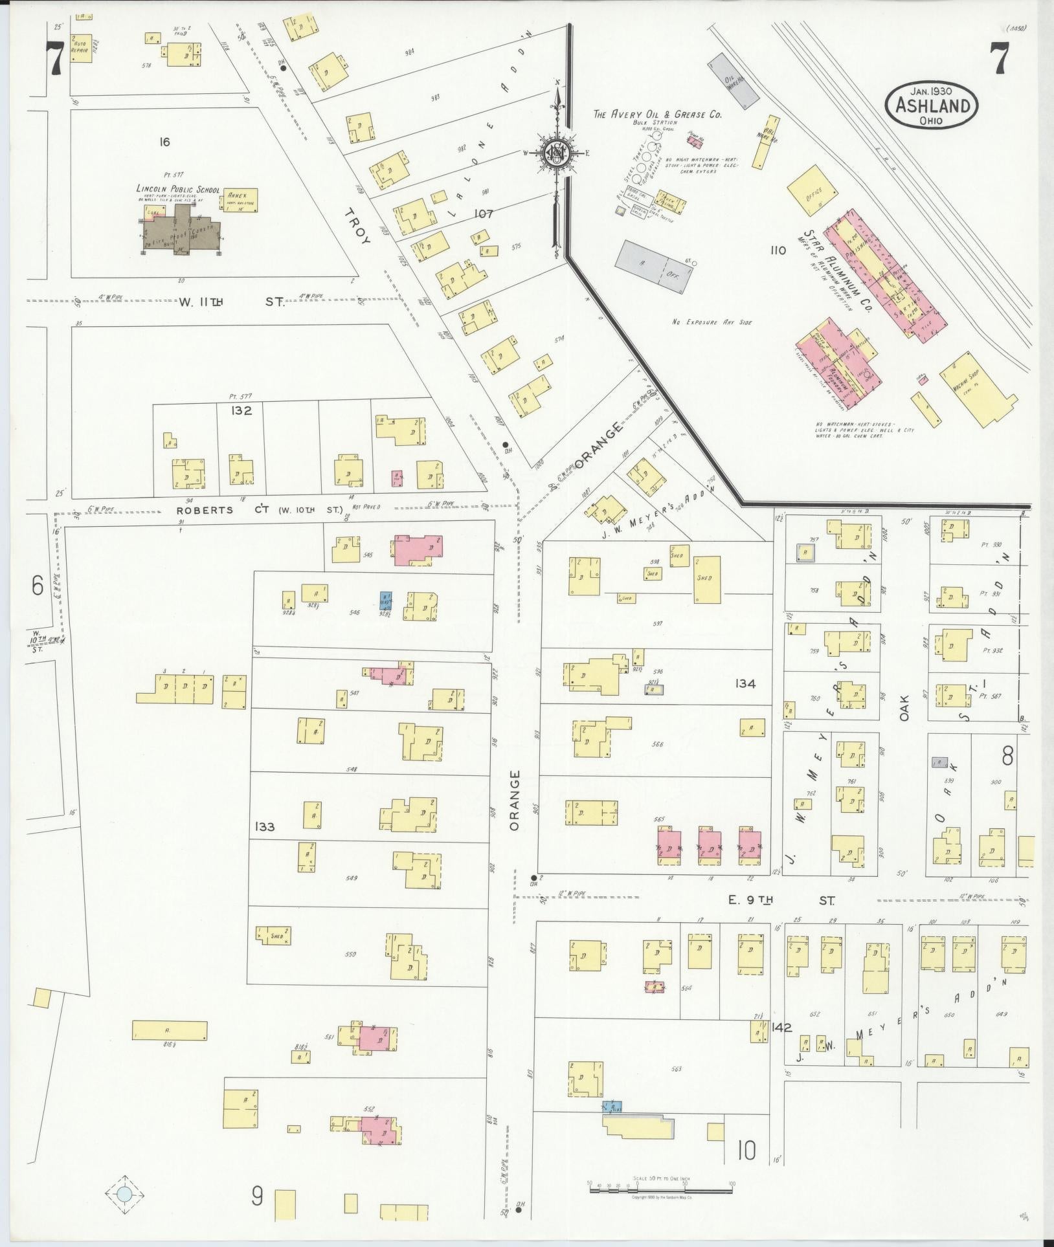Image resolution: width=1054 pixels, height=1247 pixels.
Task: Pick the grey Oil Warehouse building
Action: point(733,80)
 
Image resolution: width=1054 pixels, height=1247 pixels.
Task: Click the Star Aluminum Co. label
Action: point(838,272)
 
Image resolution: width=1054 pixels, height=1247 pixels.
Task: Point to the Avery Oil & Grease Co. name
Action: point(658,115)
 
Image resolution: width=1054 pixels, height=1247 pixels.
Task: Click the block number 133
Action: point(265,826)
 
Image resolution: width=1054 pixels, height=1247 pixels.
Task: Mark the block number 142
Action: point(782,1027)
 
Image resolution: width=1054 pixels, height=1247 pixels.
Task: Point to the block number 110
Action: point(778,250)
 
